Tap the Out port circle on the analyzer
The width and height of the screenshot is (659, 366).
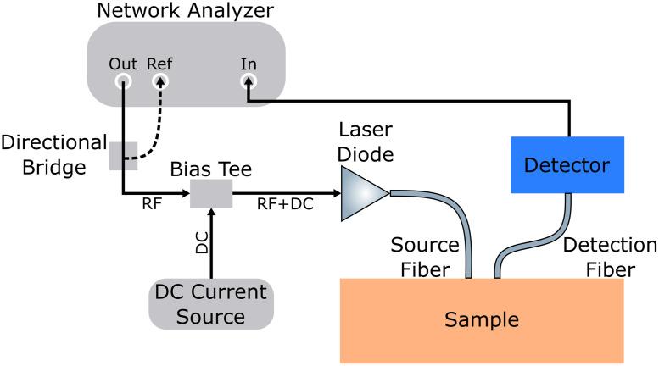pos(123,81)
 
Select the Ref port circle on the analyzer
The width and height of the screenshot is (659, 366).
pos(159,81)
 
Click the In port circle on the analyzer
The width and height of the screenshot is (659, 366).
pos(249,81)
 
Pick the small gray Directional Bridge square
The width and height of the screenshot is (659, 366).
pos(123,155)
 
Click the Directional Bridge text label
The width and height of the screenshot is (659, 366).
pos(53,154)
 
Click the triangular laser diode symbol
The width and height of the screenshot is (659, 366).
pos(361,192)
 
